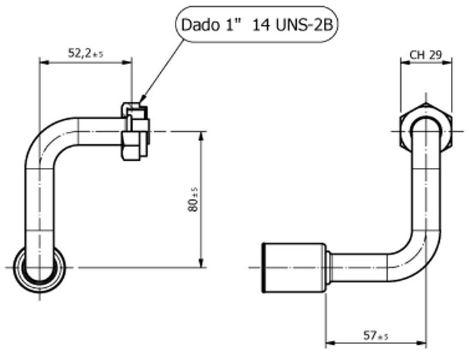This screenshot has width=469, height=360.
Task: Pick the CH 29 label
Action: click(426, 54)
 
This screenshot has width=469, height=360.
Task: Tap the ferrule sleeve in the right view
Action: click(291, 266)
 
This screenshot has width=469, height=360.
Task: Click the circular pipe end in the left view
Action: click(41, 266)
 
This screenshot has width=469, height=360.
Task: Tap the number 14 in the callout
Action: click(262, 26)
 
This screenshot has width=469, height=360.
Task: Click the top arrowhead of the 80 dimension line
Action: click(202, 134)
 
